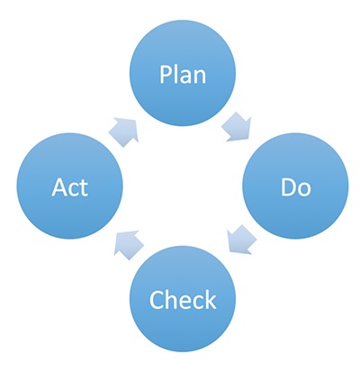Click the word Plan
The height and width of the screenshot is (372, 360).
183,74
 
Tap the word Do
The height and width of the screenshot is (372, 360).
296,187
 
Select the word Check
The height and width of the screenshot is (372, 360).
183,300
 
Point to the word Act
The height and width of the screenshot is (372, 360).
70,187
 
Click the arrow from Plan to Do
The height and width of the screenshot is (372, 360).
237,127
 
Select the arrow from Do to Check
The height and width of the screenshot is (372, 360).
241,240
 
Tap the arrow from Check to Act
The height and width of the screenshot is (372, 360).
129,245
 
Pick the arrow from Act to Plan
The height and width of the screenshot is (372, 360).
123,132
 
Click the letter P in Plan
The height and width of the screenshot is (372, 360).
166,74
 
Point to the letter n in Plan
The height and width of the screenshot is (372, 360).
200,77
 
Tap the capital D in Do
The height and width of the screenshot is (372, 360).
288,187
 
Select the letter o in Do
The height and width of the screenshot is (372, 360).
304,190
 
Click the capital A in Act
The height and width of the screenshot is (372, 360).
59,187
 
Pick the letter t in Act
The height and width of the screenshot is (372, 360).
85,188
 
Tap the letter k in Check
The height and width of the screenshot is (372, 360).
211,299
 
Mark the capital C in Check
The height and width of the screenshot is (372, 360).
156,301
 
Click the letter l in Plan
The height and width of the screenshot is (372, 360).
175,74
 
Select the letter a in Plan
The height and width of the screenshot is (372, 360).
185,77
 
